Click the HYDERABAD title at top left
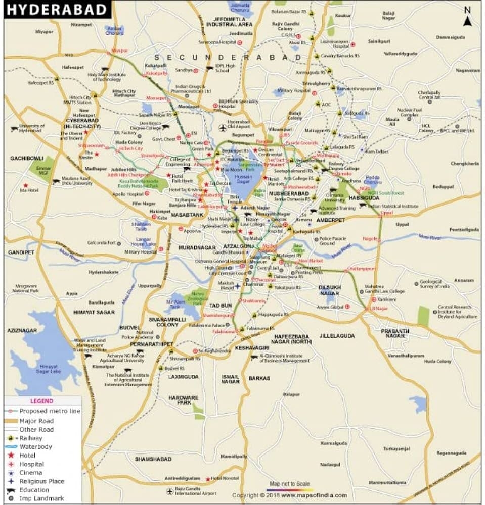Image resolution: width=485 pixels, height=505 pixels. pyautogui.click(x=57, y=10)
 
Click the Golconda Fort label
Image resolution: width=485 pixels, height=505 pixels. pyautogui.click(x=101, y=243)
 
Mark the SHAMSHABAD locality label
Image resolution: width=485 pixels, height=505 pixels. pyautogui.click(x=153, y=459)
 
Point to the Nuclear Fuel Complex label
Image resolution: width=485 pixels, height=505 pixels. pyautogui.click(x=409, y=112)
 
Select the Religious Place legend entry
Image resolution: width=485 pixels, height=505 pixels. pyautogui.click(x=41, y=481)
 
